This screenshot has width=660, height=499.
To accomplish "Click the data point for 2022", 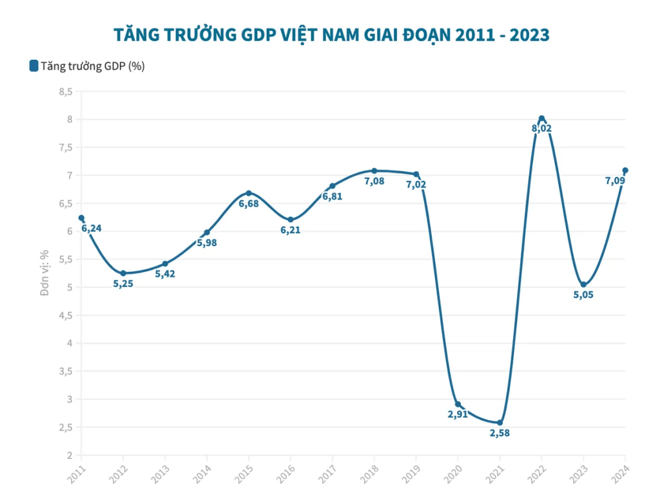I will pyautogui.click(x=541, y=118).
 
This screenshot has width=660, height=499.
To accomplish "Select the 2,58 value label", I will pyautogui.click(x=500, y=433).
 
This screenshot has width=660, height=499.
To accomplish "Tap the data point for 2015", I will pyautogui.click(x=249, y=193).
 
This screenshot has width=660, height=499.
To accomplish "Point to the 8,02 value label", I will pyautogui.click(x=541, y=128).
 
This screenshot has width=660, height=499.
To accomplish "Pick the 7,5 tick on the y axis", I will pyautogui.click(x=65, y=147).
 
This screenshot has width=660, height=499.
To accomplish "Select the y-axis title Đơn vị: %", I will pyautogui.click(x=44, y=274).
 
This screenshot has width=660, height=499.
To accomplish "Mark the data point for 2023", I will pyautogui.click(x=583, y=285).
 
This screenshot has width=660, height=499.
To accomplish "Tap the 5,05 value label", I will pyautogui.click(x=583, y=295).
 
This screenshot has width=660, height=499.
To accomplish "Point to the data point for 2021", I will pyautogui.click(x=500, y=422).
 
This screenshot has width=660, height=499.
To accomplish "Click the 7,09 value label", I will pyautogui.click(x=615, y=181).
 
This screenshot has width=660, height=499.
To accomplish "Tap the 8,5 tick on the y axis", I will pyautogui.click(x=65, y=91).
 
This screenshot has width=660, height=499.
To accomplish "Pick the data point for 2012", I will pyautogui.click(x=123, y=273).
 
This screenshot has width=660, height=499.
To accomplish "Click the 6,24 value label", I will pyautogui.click(x=92, y=228).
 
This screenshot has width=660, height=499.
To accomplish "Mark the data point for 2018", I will pyautogui.click(x=374, y=171).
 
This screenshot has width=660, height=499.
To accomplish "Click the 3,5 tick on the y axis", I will pyautogui.click(x=65, y=371).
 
